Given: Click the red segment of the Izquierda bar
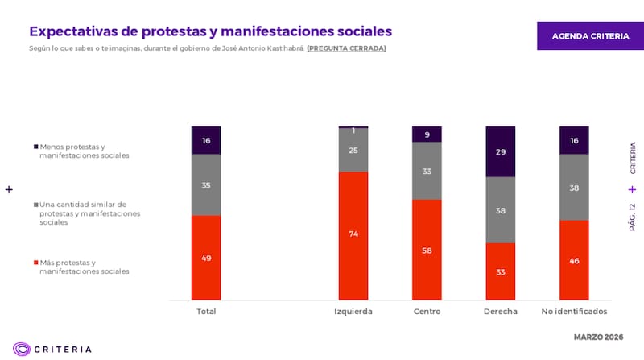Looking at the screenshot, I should pyautogui.click(x=353, y=235).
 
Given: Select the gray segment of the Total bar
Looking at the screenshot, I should pyautogui.click(x=206, y=184).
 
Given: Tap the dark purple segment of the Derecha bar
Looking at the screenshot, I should pyautogui.click(x=500, y=151).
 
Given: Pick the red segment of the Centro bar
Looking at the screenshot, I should pyautogui.click(x=427, y=250).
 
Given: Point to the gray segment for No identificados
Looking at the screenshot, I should pyautogui.click(x=574, y=187).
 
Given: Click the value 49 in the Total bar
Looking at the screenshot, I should pyautogui.click(x=206, y=258).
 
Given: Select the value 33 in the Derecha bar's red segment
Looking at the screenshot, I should pyautogui.click(x=500, y=272).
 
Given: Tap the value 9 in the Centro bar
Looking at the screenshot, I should pyautogui.click(x=427, y=134).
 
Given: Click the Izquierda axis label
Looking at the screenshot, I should pyautogui.click(x=353, y=311).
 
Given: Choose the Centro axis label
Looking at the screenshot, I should pyautogui.click(x=427, y=311).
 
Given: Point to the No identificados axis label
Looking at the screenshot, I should pyautogui.click(x=574, y=311).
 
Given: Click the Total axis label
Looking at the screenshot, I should pyautogui.click(x=206, y=311).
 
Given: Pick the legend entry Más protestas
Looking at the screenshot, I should pyautogui.click(x=80, y=267).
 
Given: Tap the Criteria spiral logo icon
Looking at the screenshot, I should pyautogui.click(x=22, y=349).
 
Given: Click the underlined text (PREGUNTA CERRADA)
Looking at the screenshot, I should pyautogui.click(x=346, y=48).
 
